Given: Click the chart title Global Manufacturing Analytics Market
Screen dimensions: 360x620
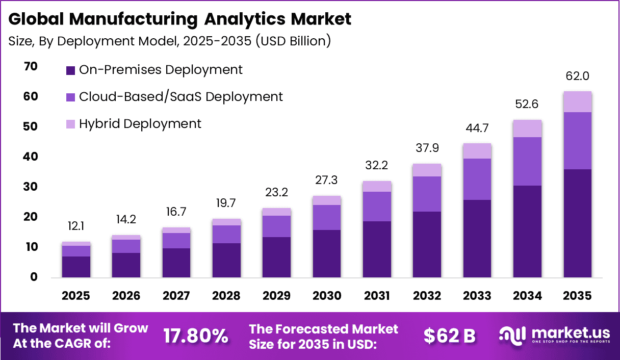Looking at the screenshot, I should click(180, 19).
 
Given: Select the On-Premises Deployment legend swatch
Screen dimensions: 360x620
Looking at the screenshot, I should click(71, 70).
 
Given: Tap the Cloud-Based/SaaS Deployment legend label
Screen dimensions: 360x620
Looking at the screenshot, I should click(180, 96).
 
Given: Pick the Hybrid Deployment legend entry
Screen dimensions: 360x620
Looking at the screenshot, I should click(140, 123).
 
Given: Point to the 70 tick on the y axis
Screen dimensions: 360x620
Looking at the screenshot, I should click(30, 66).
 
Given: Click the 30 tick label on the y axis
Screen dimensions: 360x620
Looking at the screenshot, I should click(30, 187).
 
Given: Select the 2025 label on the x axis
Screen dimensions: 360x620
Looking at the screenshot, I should click(76, 296).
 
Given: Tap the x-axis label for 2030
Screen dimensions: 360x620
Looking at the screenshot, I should click(326, 296).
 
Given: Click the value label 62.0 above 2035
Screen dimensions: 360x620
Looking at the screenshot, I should click(577, 76).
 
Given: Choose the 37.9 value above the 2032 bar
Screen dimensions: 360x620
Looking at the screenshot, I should click(427, 148).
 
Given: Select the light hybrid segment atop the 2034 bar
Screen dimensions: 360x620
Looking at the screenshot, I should click(527, 128).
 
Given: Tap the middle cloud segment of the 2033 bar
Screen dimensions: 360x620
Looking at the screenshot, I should click(477, 179).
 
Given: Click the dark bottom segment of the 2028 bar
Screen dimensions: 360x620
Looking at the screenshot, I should click(226, 260).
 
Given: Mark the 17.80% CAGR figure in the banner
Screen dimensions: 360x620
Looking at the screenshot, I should click(195, 336).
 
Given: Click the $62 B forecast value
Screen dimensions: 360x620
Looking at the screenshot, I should click(449, 336).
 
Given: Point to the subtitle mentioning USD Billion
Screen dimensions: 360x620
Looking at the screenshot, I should click(170, 41).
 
